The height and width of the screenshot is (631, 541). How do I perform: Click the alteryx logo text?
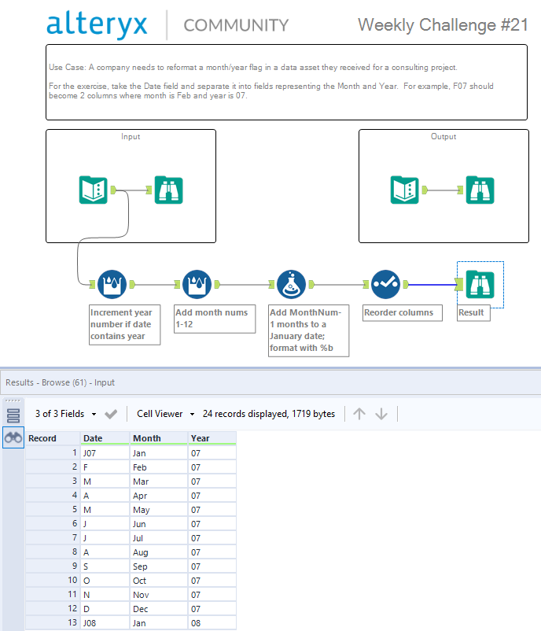tap(97, 24)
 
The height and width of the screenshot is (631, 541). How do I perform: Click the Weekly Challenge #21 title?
tap(443, 25)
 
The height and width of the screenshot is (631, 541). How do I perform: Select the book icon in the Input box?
tap(94, 190)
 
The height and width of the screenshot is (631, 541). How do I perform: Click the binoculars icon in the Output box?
tap(480, 190)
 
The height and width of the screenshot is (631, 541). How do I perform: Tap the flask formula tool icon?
tap(291, 285)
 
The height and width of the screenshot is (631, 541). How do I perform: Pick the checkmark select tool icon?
tap(385, 285)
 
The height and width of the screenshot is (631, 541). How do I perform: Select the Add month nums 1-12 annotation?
tap(215, 319)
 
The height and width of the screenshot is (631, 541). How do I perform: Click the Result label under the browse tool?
tap(473, 312)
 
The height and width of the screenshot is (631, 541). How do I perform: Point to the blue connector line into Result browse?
tap(432, 285)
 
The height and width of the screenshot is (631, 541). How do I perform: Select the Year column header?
tap(212, 438)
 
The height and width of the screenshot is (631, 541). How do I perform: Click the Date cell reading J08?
tap(105, 623)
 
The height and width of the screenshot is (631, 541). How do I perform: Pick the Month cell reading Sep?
tap(159, 566)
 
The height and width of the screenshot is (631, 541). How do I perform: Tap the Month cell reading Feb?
tap(159, 467)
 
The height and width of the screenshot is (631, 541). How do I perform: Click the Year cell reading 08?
tap(212, 623)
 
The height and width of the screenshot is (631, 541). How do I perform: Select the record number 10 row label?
tap(72, 581)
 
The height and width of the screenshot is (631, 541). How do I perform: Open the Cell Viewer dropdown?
tap(165, 414)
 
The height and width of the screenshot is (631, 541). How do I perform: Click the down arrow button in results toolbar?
tap(381, 414)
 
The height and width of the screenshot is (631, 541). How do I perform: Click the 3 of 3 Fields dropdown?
tap(65, 414)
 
